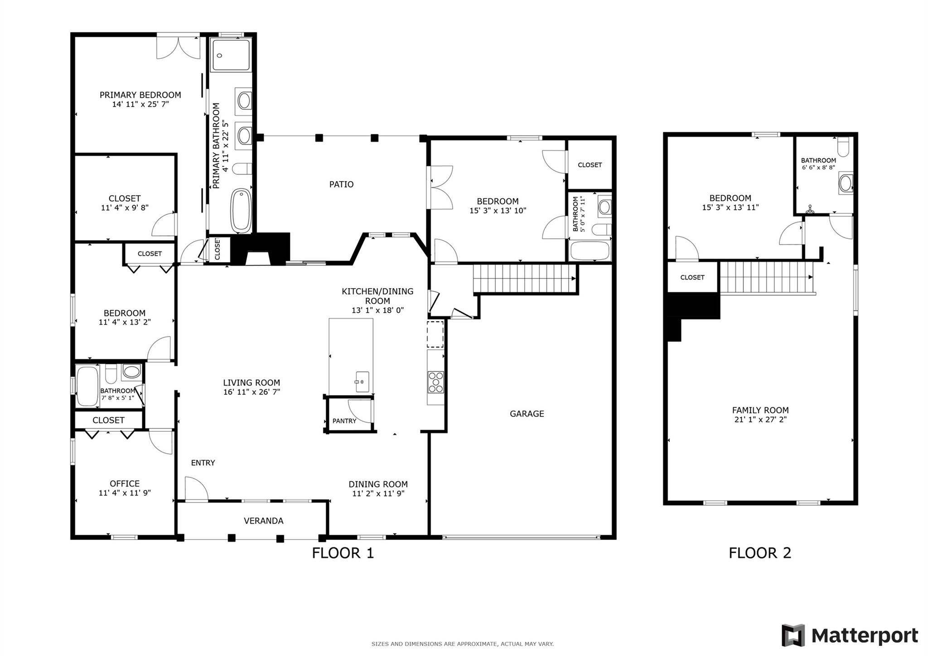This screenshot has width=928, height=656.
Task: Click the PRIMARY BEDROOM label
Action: coord(140,95)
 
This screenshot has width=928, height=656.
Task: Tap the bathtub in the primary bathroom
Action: coord(241,211)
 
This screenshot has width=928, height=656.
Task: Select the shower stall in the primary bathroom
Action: coord(231,55)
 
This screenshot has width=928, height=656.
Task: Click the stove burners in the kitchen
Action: coord(436,382)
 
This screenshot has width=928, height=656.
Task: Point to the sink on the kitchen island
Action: coord(362,381)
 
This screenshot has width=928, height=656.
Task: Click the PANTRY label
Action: coord(344,421)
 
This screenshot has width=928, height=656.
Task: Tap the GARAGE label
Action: coord(527,414)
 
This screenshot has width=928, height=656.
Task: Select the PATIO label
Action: coord(341,184)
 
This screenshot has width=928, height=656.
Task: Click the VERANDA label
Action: coord(263,521)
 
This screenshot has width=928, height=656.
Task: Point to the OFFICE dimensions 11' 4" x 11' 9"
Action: coord(125,493)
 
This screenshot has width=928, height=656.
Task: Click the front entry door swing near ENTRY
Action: coord(196,489)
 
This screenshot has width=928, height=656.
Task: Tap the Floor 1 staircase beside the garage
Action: coord(524,279)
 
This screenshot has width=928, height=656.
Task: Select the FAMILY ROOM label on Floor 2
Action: coord(760,410)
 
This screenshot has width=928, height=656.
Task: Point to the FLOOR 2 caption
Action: coord(759,553)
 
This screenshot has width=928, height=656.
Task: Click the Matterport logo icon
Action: coord(793,635)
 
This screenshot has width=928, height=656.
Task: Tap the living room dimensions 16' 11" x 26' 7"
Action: coord(251,392)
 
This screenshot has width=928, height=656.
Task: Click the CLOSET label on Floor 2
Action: coord(692,277)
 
